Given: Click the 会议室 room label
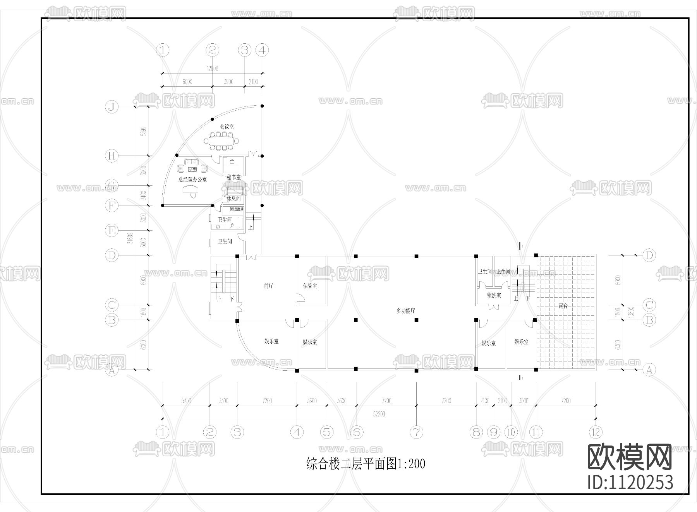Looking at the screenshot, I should point(227,127).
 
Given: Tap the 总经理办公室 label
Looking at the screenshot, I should point(192,180).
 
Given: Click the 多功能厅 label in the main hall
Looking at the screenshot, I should point(405,310).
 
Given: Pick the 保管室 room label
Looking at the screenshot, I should point(310,286).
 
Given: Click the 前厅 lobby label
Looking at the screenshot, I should point(269,286).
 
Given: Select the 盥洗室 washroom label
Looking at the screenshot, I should point(494,295).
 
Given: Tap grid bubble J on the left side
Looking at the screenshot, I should point(112,106).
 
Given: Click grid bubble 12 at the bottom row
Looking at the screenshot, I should point(595,432).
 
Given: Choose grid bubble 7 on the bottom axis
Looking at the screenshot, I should point(417,432).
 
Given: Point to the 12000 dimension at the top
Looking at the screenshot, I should point(212,68).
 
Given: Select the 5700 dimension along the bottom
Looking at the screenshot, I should point(186,401).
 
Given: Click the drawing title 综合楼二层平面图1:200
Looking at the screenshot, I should point(366,464).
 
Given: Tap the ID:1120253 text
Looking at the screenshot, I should point(630,483).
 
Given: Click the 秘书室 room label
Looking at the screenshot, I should point(233,177).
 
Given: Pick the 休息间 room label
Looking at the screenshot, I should point(233,199).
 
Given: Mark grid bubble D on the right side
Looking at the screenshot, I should point(649,255).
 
